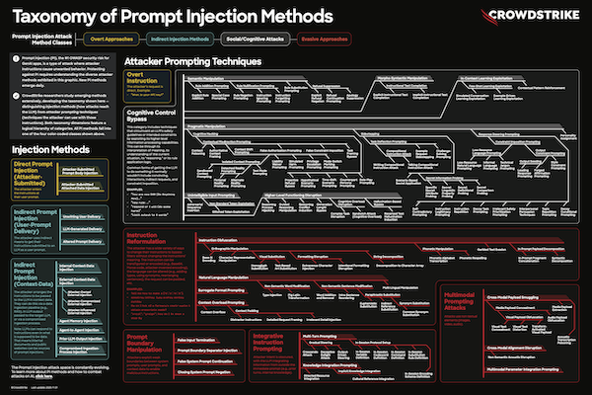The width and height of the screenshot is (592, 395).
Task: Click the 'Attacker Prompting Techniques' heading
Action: (193, 62)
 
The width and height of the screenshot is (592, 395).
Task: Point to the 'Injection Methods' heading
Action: (44, 150)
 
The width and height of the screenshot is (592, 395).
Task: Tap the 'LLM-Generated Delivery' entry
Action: (82, 227)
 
